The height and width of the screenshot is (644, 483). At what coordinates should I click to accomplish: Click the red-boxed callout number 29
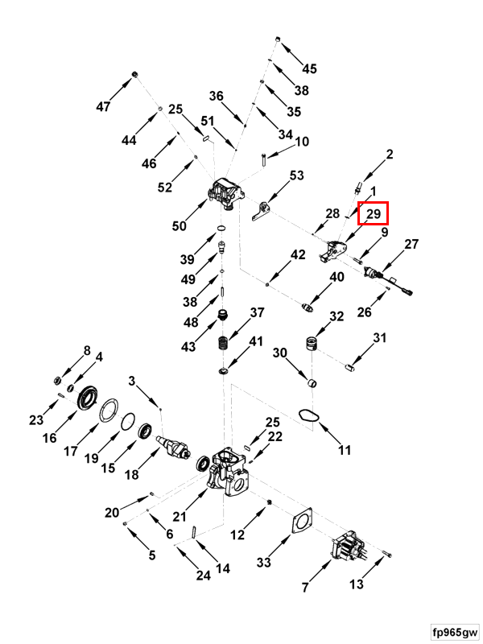point(374,213)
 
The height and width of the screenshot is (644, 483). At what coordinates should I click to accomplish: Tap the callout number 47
point(103,107)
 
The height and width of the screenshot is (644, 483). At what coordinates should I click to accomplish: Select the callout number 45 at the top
point(309,68)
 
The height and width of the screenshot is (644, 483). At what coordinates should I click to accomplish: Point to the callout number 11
point(345,450)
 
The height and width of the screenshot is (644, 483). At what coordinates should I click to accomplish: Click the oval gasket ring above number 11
point(306,416)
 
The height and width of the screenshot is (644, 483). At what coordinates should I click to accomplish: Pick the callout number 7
point(305,588)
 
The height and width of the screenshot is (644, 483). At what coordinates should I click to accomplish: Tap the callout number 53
point(296,175)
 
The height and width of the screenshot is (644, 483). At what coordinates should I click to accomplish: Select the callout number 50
point(179,226)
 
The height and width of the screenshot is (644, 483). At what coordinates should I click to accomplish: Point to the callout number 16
point(50,438)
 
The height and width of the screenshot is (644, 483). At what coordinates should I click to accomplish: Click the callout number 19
point(91,458)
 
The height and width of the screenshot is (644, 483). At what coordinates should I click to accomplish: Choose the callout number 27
point(411,244)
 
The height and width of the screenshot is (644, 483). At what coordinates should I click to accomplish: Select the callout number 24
point(203,576)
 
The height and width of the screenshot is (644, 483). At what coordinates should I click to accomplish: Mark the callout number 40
point(336,277)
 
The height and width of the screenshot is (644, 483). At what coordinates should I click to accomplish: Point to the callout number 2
point(390,154)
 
